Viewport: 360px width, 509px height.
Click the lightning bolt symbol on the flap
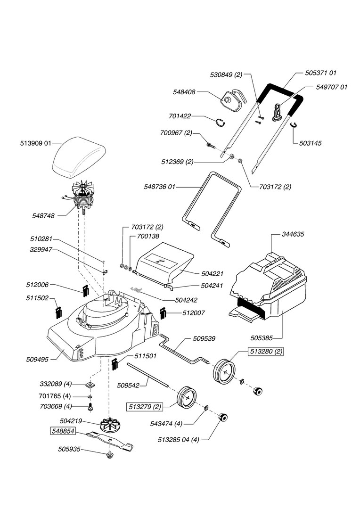[x=162, y=260]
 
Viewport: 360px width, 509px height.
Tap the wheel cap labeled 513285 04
[x=223, y=417]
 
